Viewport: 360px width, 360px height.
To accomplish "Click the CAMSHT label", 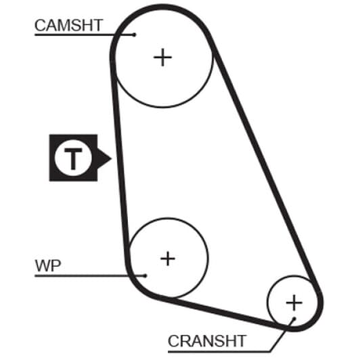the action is (x=68, y=25).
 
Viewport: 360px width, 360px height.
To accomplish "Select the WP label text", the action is (x=48, y=266).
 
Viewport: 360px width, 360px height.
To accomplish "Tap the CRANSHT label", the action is (x=207, y=341).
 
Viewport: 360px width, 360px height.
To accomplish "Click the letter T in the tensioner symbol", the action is (x=73, y=158).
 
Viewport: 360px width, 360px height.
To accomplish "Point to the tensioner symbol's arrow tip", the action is (x=111, y=158).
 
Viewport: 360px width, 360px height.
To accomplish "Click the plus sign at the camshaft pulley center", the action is (x=162, y=57).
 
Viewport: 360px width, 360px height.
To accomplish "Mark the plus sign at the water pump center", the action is (x=168, y=258).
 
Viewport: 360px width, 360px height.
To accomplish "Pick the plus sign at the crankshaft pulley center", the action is (x=294, y=302).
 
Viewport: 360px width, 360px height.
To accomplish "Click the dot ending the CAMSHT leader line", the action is (x=135, y=35).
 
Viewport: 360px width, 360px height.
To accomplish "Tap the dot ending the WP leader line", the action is (x=145, y=275).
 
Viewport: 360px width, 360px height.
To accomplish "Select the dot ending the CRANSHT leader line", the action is (x=294, y=319).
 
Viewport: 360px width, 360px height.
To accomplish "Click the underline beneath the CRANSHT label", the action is (x=219, y=351).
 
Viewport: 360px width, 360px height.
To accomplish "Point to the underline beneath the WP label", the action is (x=90, y=275).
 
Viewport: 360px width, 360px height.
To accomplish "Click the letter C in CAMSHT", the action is (x=40, y=25).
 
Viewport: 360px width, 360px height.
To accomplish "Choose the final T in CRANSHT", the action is (x=240, y=341).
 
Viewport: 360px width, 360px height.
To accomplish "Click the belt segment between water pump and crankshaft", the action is (x=221, y=311).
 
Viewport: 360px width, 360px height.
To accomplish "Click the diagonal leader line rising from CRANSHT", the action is (x=282, y=335).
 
